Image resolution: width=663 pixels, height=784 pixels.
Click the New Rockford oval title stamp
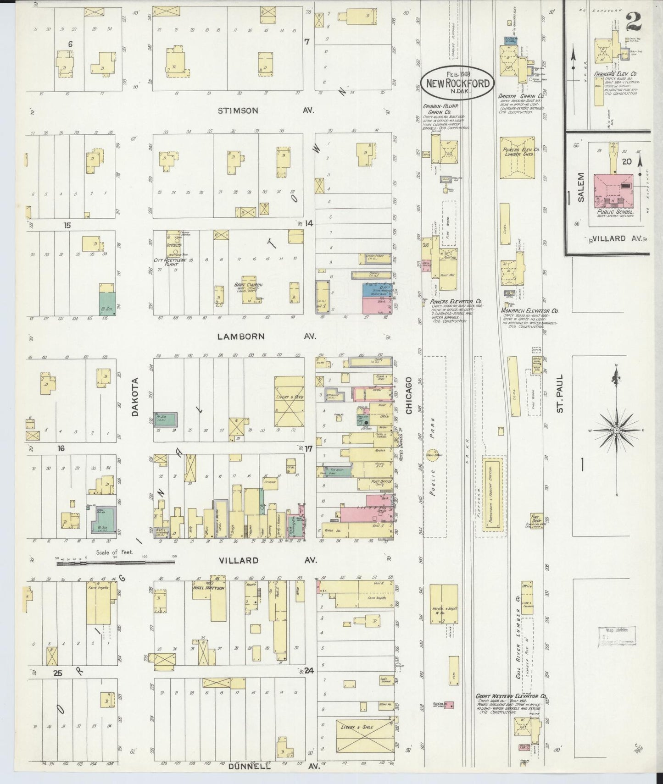[457, 81]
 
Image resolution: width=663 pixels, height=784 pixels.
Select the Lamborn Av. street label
[241, 336]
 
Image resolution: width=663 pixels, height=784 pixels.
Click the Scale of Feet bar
[115, 562]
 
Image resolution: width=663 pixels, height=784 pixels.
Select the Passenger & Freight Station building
[493, 496]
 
